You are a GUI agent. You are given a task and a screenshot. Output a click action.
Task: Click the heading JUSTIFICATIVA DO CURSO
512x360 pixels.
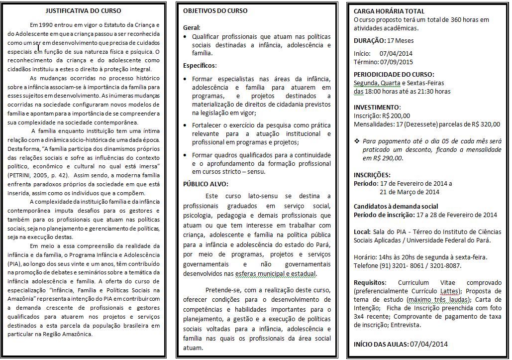click(83, 10)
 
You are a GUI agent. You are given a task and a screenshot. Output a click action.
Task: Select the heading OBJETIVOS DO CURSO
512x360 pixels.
click(215, 11)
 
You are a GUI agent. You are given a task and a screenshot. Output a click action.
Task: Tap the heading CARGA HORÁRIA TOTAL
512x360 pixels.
click(389, 11)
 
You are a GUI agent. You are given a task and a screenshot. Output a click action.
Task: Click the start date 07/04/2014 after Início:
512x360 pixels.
click(396, 53)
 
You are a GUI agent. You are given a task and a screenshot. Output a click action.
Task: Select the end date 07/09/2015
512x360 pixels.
click(397, 62)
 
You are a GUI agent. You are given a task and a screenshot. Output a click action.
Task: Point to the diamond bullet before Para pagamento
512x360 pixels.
click(357, 141)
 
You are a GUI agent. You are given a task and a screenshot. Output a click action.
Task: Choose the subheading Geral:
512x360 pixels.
click(192, 28)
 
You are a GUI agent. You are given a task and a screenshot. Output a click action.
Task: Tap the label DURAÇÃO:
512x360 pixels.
click(370, 41)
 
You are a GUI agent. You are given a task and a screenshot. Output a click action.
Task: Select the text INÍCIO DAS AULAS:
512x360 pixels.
click(381, 344)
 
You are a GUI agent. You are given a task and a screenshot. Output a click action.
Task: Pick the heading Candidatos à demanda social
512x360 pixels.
click(396, 206)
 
